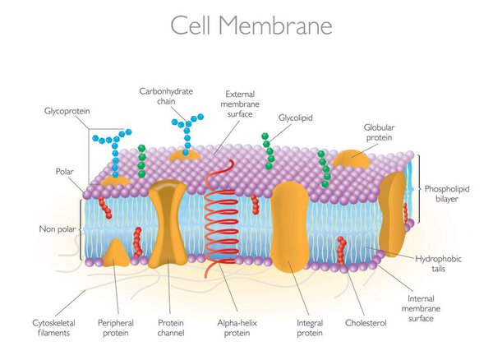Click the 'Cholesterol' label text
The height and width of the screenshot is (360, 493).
366,323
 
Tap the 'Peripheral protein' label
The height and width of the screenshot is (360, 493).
116,328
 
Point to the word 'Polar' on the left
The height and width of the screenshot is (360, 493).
64,172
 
